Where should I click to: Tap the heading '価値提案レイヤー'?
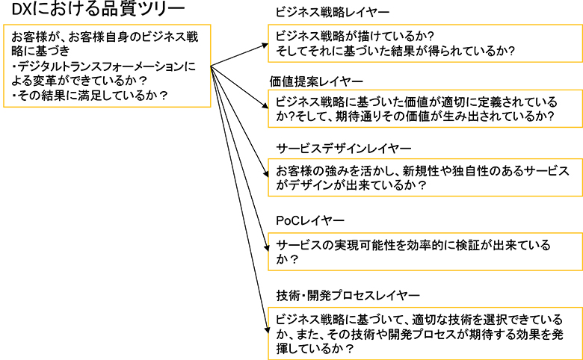coord(316,80)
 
